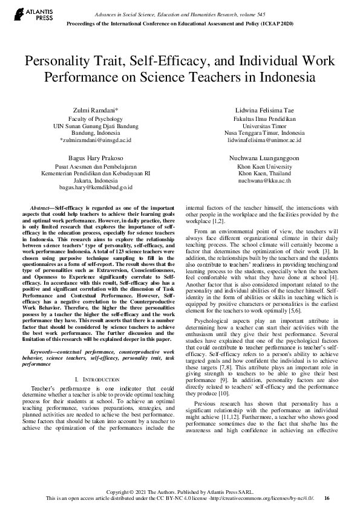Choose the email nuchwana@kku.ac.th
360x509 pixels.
click(264, 180)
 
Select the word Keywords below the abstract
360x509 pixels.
click(44, 334)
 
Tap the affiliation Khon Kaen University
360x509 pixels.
click(264, 166)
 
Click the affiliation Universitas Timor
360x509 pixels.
click(264, 126)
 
